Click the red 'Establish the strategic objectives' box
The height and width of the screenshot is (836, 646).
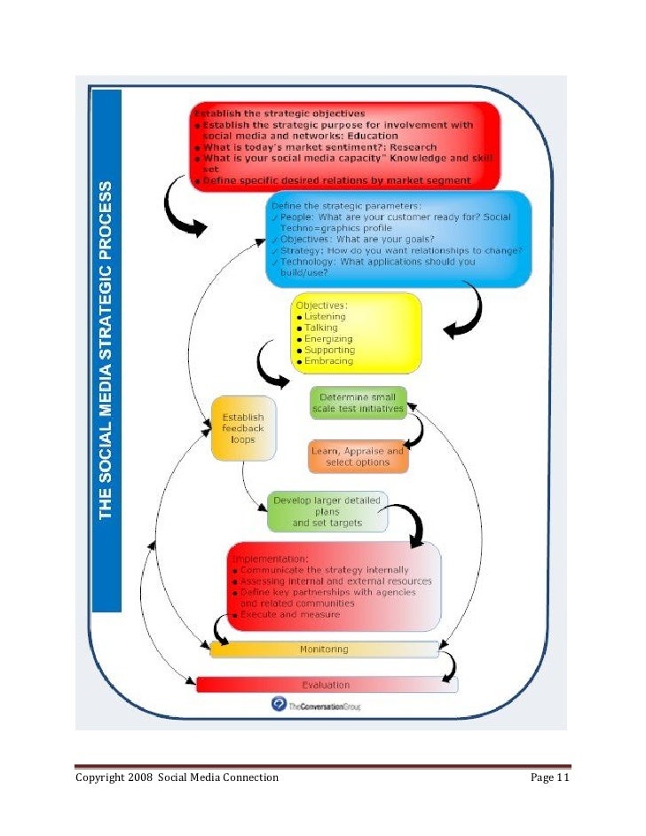click(x=344, y=146)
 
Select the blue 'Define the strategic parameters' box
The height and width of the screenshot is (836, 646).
click(x=398, y=239)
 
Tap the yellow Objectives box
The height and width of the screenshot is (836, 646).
click(x=356, y=333)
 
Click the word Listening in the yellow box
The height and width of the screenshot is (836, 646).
click(x=325, y=316)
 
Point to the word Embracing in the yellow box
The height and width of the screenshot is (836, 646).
click(x=328, y=361)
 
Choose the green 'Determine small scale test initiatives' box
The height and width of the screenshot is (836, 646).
click(x=358, y=402)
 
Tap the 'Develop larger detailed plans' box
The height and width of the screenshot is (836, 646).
click(x=327, y=512)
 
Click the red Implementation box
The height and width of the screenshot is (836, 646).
click(x=333, y=586)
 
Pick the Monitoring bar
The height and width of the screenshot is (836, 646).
click(x=324, y=650)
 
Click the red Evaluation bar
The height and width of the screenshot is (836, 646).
click(x=326, y=685)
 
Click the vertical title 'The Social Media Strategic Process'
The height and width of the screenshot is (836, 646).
click(x=107, y=351)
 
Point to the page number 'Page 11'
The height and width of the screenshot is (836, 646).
click(x=549, y=778)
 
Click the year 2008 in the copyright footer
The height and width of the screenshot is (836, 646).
click(x=147, y=778)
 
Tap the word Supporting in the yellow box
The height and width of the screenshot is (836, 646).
click(x=329, y=350)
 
